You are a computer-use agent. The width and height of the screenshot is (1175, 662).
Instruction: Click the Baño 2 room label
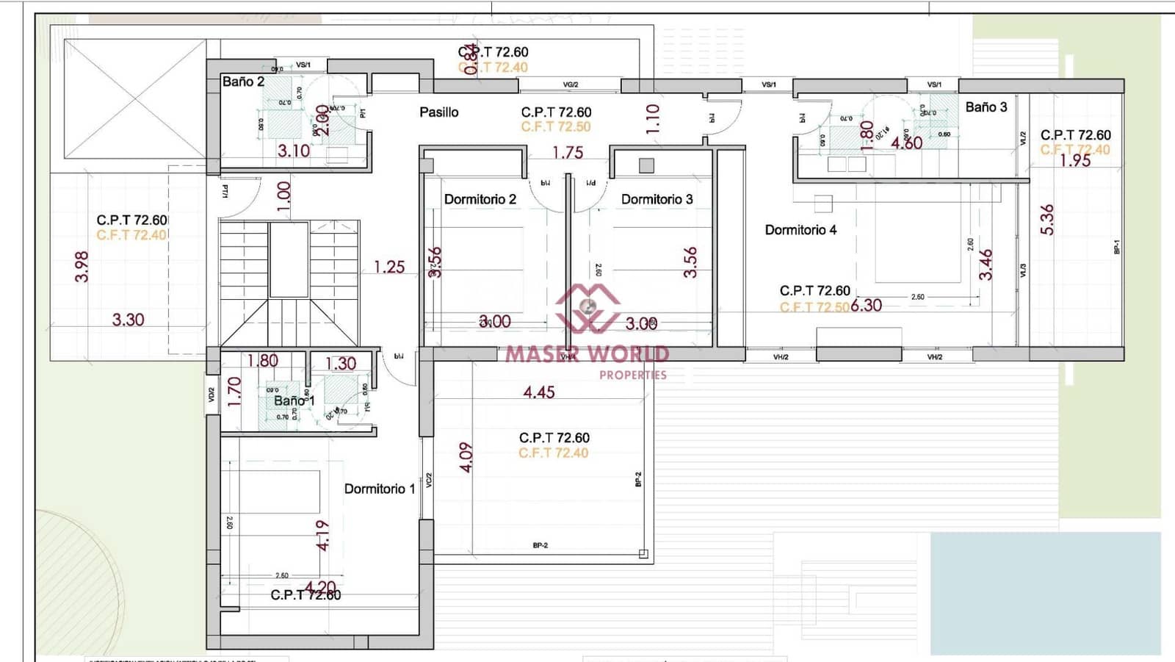[243, 82]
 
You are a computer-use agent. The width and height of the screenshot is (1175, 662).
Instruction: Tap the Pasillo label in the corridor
[438, 112]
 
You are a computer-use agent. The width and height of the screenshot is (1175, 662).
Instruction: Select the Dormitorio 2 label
[480, 199]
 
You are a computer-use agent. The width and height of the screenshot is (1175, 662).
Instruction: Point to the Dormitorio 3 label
[657, 199]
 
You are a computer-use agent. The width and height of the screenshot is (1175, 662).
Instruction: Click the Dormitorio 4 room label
[800, 230]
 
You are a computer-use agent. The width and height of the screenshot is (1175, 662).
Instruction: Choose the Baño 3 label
[986, 107]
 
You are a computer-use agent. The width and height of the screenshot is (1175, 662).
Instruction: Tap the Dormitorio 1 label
[380, 489]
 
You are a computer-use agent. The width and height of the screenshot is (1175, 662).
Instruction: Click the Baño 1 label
[294, 400]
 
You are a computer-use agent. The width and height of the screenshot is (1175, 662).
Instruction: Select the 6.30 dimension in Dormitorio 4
[867, 306]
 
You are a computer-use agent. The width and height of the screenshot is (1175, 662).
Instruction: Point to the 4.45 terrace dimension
[538, 392]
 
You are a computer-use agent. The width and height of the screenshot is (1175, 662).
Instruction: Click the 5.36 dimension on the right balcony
[1047, 220]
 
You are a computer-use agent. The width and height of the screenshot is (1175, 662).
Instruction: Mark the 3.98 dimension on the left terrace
[82, 267]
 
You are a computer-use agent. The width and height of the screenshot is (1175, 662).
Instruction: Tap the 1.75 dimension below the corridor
[568, 153]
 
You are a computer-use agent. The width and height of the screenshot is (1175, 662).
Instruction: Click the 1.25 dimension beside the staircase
[389, 267]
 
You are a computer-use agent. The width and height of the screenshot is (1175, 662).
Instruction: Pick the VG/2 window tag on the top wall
[570, 84]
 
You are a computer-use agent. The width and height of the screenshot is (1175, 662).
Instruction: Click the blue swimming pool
[1045, 592]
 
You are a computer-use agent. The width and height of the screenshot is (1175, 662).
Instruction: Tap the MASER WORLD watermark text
[587, 354]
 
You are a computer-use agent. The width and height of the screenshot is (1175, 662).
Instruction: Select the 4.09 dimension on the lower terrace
[466, 457]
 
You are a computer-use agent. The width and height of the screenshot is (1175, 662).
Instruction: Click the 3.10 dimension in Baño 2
[293, 151]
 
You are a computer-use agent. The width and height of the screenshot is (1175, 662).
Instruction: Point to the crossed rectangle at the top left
[135, 98]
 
